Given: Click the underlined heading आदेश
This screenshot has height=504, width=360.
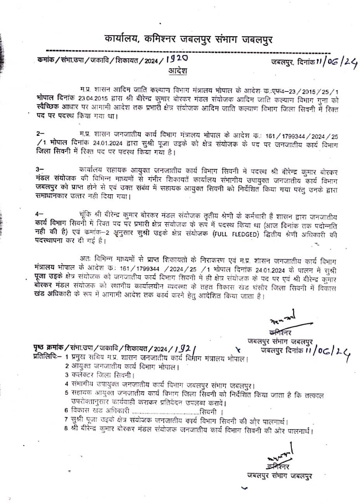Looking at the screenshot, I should [178, 71].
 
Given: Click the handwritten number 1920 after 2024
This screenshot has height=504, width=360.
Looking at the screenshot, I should [177, 59].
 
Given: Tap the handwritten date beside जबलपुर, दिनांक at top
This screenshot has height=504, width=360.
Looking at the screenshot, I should [337, 61].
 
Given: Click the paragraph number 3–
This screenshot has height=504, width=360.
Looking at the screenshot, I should [40, 169].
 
